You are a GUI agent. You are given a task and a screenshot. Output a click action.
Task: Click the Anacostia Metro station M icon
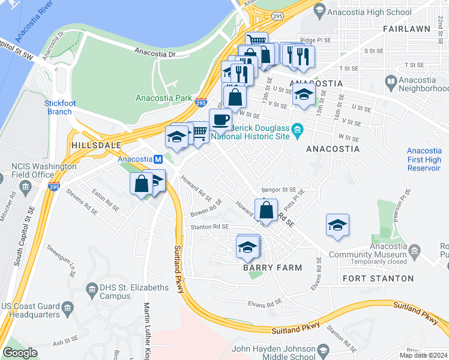pyautogui.click(x=158, y=160)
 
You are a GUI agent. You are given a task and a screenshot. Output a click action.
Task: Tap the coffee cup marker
pyautogui.click(x=220, y=119)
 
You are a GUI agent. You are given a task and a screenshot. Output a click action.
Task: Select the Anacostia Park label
pyautogui.click(x=164, y=98)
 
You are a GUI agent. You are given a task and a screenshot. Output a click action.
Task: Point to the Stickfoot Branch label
pyautogui.click(x=60, y=107)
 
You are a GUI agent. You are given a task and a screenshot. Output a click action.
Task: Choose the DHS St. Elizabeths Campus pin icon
pyautogui.click(x=92, y=289)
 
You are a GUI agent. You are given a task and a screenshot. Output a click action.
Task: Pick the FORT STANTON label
pyautogui.click(x=378, y=278)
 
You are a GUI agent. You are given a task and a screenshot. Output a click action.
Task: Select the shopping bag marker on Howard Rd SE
pyautogui.click(x=266, y=210)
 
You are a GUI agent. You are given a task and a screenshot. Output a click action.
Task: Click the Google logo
pyautogui.click(x=20, y=353)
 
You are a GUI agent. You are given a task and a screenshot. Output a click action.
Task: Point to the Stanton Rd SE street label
pyautogui.click(x=209, y=227)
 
